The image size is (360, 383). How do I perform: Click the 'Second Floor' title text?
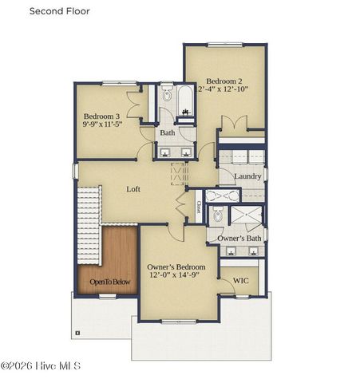[60, 11]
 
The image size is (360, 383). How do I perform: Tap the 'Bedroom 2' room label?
[225, 81]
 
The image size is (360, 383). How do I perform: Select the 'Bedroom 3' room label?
[101, 116]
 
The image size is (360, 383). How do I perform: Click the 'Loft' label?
[134, 189]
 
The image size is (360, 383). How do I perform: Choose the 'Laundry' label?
[247, 176]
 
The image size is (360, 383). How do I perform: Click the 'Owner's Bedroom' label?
[176, 267]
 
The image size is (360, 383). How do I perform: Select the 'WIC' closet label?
[240, 280]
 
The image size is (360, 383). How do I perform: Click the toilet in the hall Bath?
[167, 96]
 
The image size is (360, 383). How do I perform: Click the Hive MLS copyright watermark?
[42, 366]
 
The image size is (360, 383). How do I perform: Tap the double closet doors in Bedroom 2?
[232, 124]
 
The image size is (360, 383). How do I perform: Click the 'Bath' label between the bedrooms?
[168, 132]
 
